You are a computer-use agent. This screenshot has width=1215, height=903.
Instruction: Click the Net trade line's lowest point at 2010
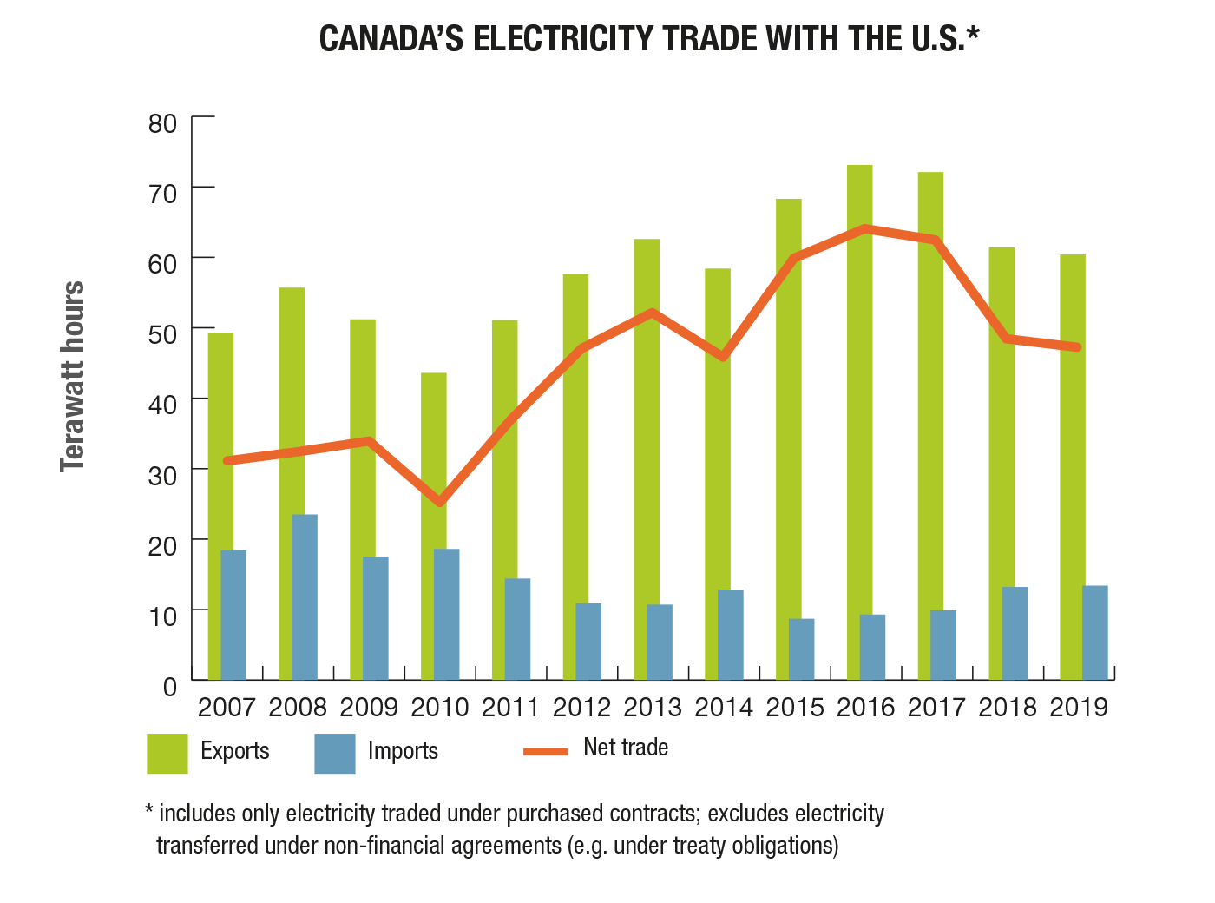440,502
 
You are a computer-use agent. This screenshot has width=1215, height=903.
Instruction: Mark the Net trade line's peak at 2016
865,229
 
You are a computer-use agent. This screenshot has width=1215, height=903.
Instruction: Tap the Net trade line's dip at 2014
723,357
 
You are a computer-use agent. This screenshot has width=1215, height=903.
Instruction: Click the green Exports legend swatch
167,754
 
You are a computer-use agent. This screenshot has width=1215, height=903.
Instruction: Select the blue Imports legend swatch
335,754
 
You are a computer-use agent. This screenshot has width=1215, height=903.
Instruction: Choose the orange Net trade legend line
546,751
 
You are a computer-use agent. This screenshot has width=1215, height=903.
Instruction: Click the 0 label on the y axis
169,688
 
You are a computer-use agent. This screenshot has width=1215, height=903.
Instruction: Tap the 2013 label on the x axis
653,708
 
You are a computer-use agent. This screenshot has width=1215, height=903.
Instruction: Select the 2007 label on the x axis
227,708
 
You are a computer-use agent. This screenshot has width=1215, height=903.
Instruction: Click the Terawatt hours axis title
73,377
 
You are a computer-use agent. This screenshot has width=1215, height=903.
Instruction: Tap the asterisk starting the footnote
149,812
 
